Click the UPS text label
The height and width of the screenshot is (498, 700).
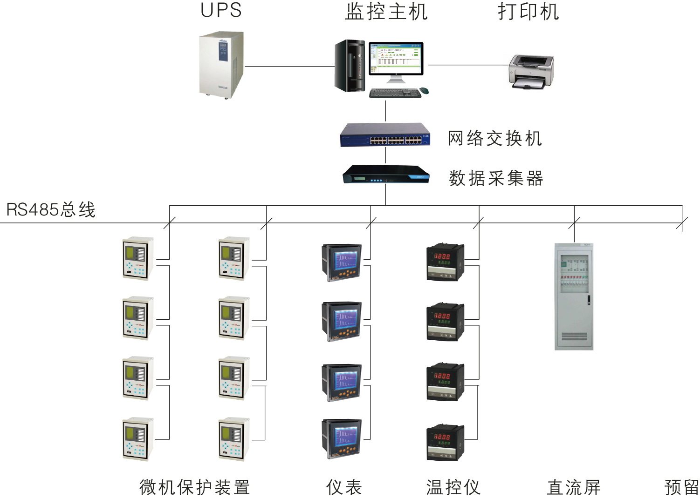[221, 10]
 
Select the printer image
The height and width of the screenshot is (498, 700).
[531, 71]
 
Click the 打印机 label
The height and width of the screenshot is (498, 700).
[528, 11]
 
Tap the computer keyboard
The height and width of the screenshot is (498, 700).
[395, 93]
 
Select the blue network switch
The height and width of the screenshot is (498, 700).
[385, 135]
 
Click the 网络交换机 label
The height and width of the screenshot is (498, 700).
[495, 138]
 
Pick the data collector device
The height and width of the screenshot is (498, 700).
[385, 175]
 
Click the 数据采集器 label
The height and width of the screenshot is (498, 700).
[496, 178]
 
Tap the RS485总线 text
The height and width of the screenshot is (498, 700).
[51, 209]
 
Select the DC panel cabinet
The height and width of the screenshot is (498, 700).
[574, 296]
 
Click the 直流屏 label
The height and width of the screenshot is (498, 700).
[574, 487]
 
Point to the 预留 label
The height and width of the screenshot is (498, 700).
[681, 487]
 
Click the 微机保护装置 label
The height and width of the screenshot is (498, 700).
[195, 487]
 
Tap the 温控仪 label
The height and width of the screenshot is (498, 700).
[453, 487]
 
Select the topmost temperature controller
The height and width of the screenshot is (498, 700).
[446, 262]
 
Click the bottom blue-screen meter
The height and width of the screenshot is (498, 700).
[342, 439]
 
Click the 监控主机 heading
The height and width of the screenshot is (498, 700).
[386, 11]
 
